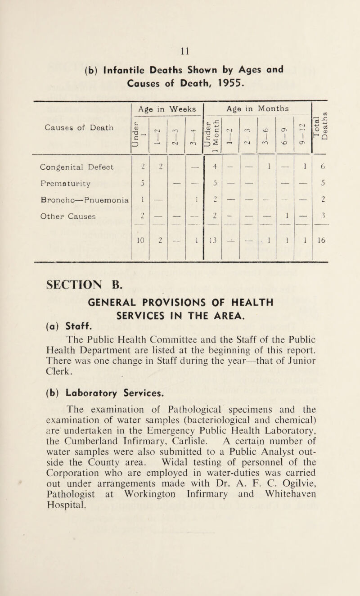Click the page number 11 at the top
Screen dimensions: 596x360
pos(180,45)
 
